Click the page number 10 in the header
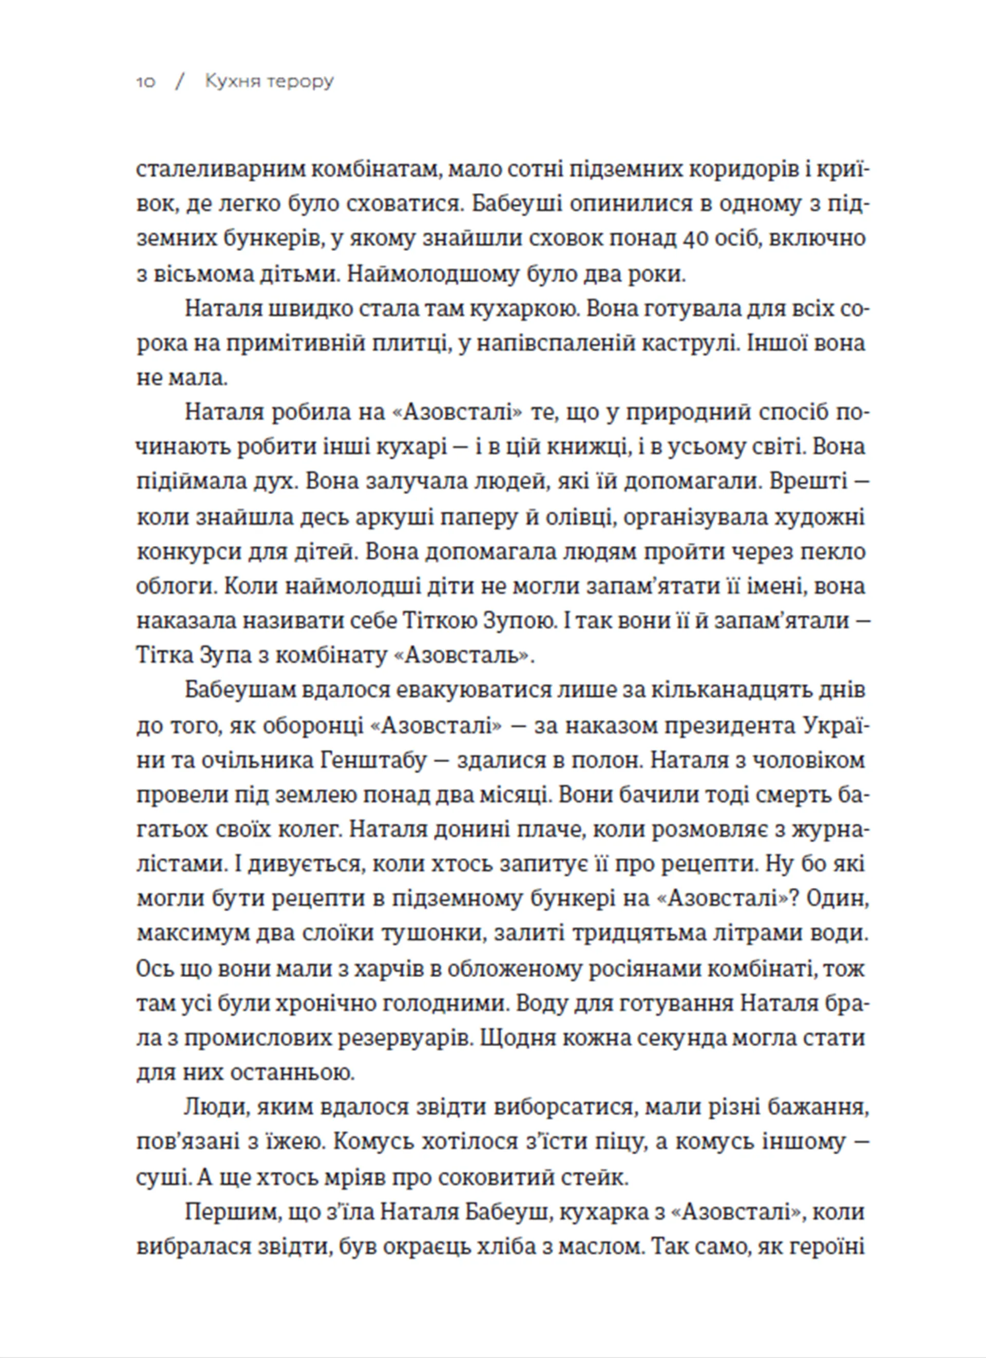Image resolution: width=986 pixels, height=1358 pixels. point(145,82)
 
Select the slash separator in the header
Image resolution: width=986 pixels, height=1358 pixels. point(180,82)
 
